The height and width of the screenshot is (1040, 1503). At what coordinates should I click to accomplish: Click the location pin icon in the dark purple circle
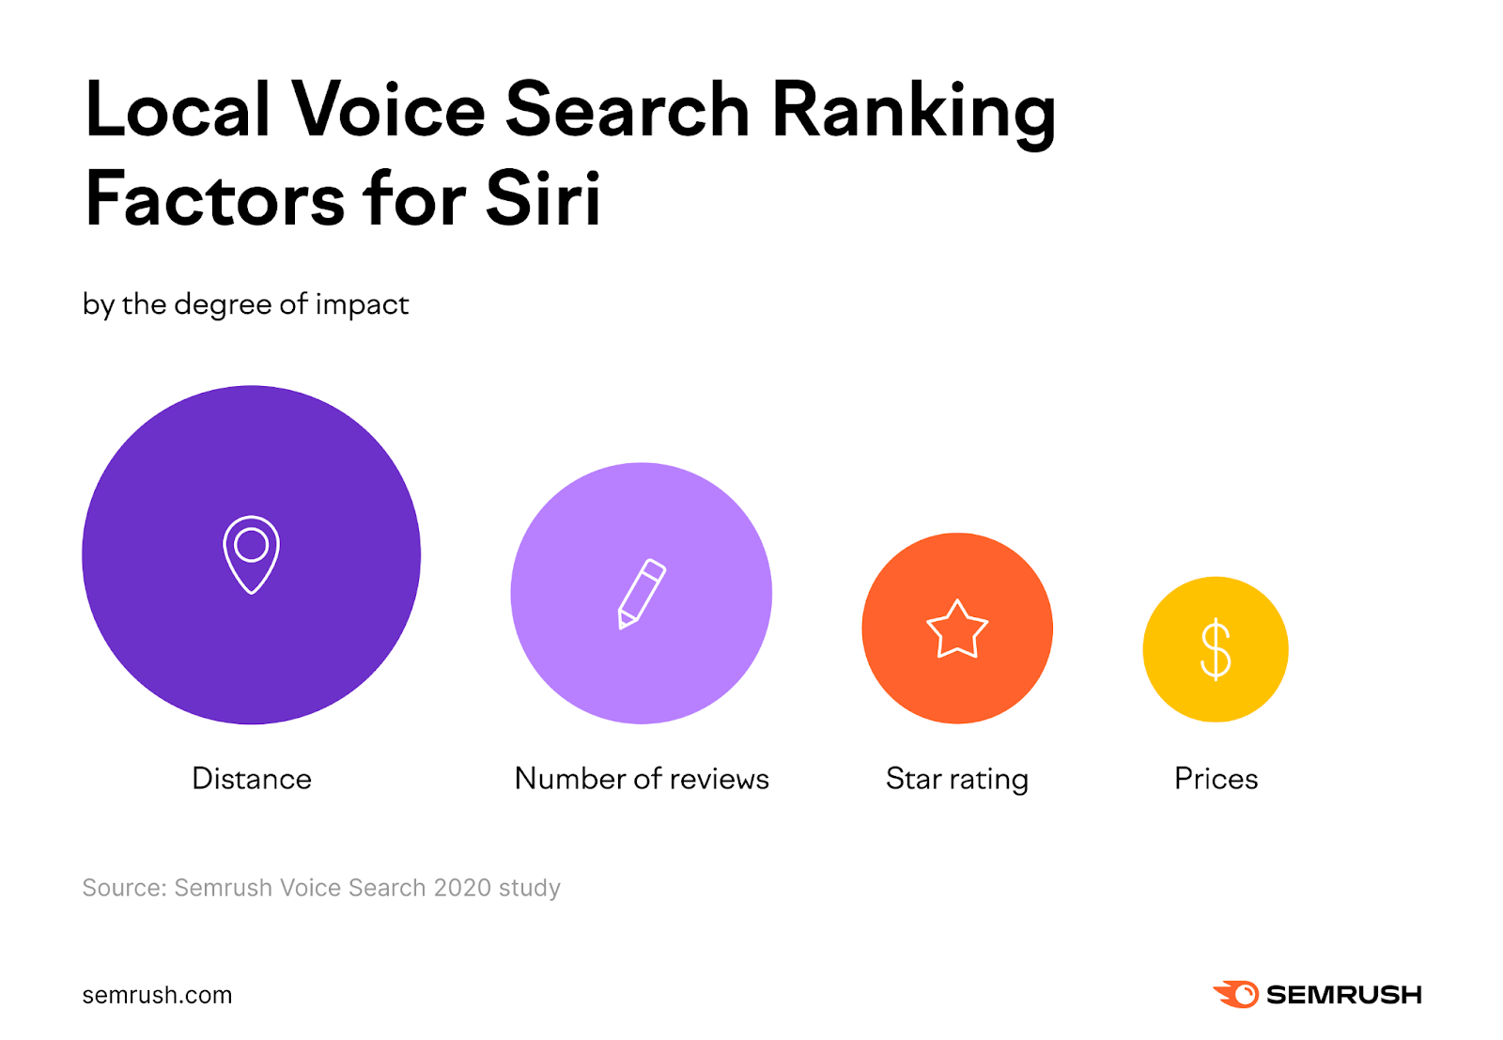251,554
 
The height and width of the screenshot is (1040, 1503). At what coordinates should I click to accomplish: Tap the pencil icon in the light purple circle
642,594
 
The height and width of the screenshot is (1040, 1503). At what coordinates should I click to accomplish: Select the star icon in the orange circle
957,629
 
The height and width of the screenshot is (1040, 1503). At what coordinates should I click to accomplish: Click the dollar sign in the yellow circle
1216,649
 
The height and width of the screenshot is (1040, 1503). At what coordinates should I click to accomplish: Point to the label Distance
251,779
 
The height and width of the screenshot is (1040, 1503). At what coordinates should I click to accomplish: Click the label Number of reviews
642,779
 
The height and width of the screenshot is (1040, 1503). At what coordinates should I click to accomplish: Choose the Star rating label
957,779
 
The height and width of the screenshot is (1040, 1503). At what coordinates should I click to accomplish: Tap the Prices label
1216,779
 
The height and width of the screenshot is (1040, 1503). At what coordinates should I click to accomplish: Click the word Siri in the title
543,199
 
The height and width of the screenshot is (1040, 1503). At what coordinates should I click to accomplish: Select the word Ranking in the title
913,111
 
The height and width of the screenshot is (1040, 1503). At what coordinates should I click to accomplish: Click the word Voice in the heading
388,109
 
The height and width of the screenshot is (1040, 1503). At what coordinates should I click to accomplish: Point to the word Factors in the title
215,199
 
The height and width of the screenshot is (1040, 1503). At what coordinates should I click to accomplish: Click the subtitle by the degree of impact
245,304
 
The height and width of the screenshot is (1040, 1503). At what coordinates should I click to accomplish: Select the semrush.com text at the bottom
157,995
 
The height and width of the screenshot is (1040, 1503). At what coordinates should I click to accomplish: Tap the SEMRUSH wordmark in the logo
1343,995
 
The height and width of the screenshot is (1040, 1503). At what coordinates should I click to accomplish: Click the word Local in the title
178,109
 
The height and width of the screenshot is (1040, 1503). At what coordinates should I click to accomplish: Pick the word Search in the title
627,109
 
